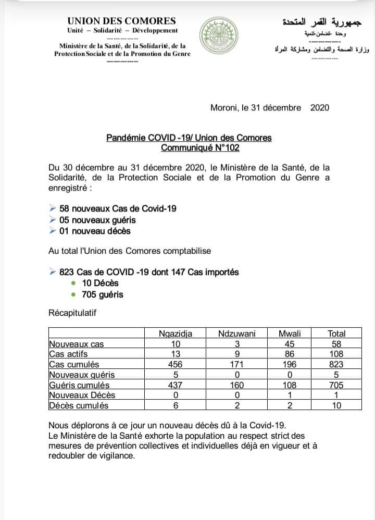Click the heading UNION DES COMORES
121,21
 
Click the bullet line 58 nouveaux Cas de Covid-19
117,208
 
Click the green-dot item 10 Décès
100,283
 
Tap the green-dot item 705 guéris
102,294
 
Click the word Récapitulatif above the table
72,313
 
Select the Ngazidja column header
176,334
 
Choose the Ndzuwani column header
237,334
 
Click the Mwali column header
289,334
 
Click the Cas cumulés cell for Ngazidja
176,365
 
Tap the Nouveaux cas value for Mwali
289,344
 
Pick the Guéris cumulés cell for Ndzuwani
237,385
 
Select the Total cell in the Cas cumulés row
336,365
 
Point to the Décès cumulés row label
78,405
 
